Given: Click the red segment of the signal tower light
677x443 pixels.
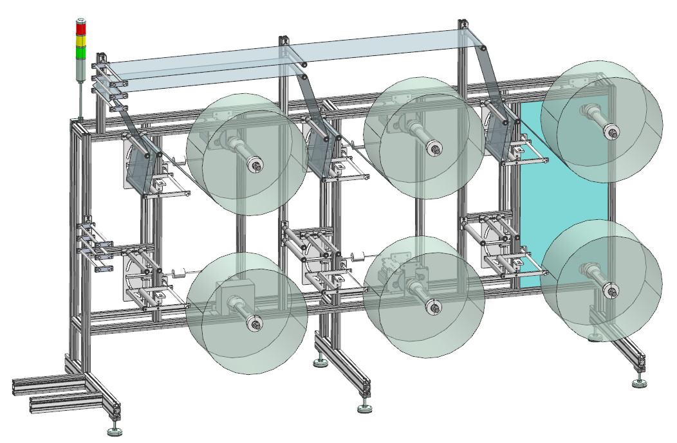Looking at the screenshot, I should tap(80, 30).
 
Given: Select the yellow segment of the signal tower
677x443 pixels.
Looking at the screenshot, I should tap(80, 41).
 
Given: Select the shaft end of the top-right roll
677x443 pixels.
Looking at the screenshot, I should tap(609, 131).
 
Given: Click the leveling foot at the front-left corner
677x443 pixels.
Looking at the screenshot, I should tap(116, 429).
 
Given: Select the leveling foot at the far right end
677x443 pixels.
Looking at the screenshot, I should tap(639, 384).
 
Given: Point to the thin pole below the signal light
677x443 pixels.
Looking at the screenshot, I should tap(80, 96).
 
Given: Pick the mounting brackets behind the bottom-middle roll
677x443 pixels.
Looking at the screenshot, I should tap(396, 267).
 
